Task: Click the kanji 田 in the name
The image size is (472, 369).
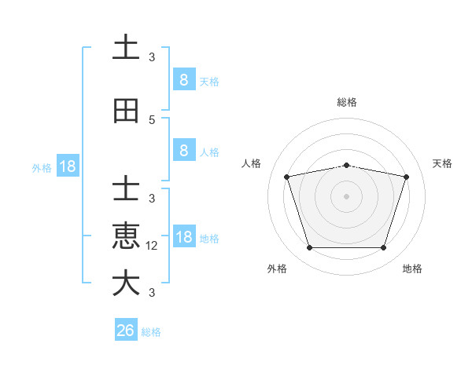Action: pos(126,111)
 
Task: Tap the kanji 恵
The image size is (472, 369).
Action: pos(126,236)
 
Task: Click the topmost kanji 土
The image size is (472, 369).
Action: pos(126,48)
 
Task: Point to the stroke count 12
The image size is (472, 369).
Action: pos(153,246)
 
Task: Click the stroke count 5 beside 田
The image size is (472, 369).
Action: pos(152,120)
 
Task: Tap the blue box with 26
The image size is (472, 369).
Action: pos(126,331)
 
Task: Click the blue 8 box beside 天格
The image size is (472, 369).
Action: pos(183,80)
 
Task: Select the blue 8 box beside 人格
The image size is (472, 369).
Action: pos(183,151)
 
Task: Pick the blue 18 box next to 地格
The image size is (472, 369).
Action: pos(183,237)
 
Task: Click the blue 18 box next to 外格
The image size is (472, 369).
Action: pos(67,166)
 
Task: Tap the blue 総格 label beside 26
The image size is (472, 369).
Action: pos(151,332)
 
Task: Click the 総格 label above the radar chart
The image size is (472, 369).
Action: pos(346,102)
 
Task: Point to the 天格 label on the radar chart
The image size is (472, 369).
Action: pos(442,163)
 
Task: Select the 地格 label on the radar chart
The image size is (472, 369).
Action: pos(412,269)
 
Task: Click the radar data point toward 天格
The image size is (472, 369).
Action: pos(407,177)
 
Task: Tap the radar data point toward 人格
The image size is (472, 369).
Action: pos(286,177)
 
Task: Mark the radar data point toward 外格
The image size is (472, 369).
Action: pos(309,248)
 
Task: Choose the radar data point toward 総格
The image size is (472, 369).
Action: pos(346,165)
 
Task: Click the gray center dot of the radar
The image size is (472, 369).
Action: pos(346,196)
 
